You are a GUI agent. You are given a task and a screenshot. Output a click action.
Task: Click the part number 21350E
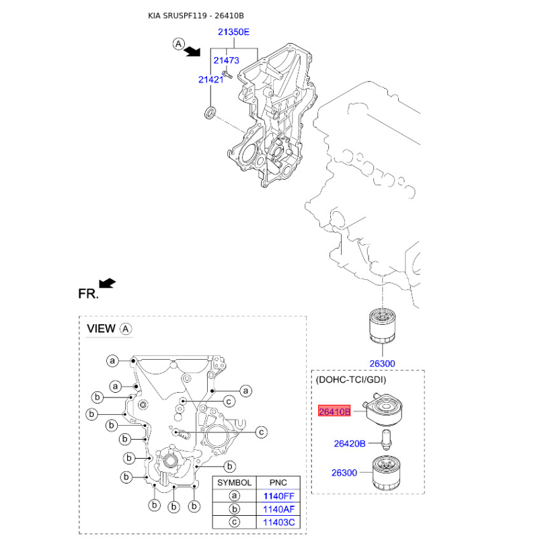[233, 32]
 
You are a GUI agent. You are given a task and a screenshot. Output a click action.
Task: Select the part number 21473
[226, 61]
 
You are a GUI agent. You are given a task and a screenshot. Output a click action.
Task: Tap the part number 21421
[210, 79]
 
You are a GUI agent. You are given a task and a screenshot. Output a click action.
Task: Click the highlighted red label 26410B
[334, 411]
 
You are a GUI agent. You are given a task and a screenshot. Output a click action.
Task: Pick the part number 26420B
[350, 444]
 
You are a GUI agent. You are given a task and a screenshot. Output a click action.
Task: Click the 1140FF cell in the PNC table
[278, 496]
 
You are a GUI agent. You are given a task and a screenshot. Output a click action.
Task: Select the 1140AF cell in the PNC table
[278, 509]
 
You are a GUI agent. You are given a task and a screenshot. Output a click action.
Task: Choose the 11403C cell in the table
[278, 523]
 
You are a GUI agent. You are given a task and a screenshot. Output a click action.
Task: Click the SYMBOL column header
[234, 483]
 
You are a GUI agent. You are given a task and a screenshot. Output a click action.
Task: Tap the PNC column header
[278, 483]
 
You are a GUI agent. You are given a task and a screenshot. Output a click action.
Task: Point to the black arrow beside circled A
[192, 52]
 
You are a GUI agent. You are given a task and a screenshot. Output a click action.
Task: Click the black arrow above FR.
[107, 283]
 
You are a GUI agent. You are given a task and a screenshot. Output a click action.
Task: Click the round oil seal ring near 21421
[210, 112]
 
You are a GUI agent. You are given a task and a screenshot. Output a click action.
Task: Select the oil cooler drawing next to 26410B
[384, 410]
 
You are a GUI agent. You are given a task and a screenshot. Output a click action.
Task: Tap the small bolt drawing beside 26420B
[386, 440]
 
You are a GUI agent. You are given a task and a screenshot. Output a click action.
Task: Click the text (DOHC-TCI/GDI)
[350, 380]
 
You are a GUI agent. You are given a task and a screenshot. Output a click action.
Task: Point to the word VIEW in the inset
[101, 329]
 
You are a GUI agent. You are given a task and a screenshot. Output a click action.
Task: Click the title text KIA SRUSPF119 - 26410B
[196, 15]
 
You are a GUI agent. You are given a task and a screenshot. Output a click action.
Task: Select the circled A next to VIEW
[126, 329]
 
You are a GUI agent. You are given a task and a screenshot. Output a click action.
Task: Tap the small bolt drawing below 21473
[227, 74]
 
